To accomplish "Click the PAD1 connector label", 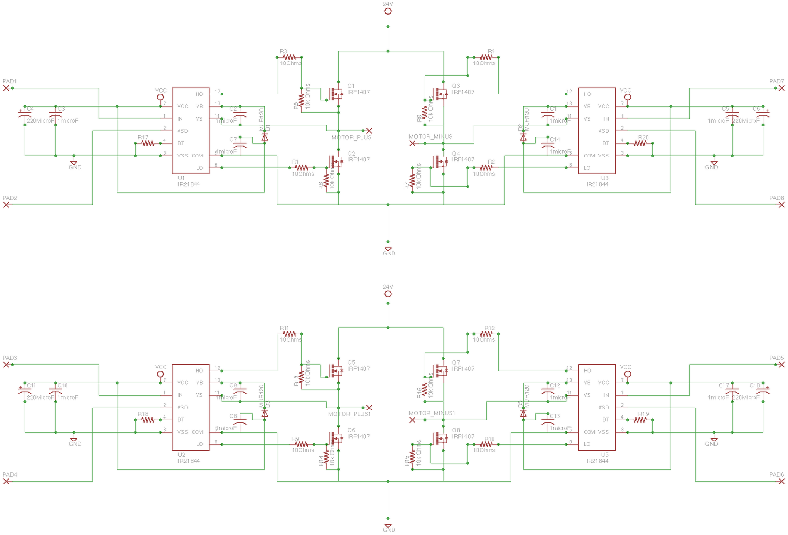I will pyautogui.click(x=9, y=81).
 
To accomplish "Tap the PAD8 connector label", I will pyautogui.click(x=776, y=198).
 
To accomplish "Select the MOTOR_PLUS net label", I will pyautogui.click(x=352, y=137).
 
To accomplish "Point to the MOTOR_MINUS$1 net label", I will pyautogui.click(x=431, y=413).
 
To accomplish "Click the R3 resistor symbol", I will pyautogui.click(x=290, y=57).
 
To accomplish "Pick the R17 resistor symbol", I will pyautogui.click(x=148, y=143).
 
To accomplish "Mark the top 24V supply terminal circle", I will pyautogui.click(x=388, y=11).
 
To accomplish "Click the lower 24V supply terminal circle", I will pyautogui.click(x=388, y=294).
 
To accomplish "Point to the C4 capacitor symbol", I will pyautogui.click(x=25, y=113).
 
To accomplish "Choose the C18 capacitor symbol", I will pyautogui.click(x=763, y=390).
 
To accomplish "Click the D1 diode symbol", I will pyautogui.click(x=264, y=137).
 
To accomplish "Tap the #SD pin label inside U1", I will pyautogui.click(x=183, y=131).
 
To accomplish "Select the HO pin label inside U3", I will pyautogui.click(x=587, y=94).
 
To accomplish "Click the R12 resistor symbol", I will pyautogui.click(x=486, y=334).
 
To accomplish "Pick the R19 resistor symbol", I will pyautogui.click(x=640, y=420).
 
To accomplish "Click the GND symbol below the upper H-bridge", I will pyautogui.click(x=388, y=250).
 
